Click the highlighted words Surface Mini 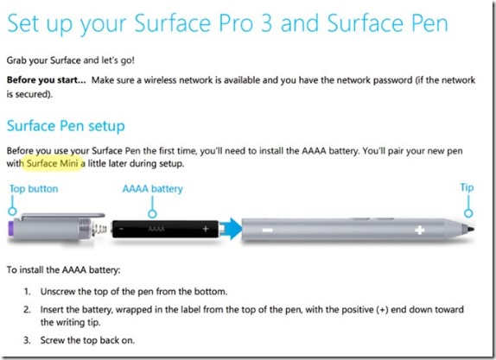52,163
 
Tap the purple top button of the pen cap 11,228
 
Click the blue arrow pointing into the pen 231,229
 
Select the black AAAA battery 165,229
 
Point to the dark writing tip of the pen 470,229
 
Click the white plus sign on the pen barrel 419,231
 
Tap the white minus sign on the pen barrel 267,230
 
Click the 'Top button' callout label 34,189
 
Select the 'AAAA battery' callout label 152,189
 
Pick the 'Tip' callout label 467,187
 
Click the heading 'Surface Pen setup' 66,126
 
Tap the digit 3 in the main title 266,23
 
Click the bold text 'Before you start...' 46,79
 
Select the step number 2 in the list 27,309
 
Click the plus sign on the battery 206,229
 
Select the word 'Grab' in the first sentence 16,60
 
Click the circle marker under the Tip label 468,213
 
